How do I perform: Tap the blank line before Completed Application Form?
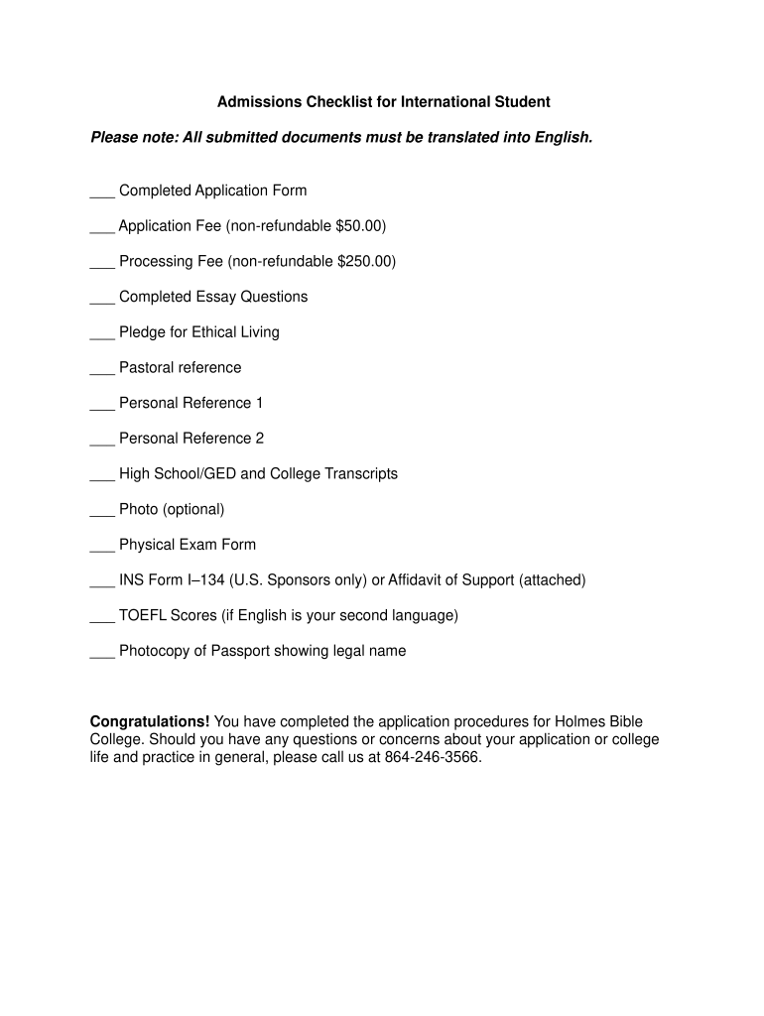[102, 193]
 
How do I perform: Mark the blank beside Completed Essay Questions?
[102, 301]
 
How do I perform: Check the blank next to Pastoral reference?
[102, 371]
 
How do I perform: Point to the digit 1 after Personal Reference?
[259, 403]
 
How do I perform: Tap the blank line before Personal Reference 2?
[102, 442]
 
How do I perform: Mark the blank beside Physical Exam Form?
[102, 548]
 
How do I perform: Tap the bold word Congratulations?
[150, 721]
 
